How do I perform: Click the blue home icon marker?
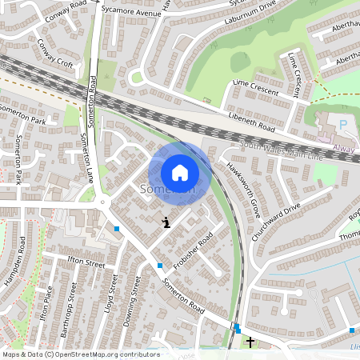180,172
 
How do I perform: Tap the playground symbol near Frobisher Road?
166,222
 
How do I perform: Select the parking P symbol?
343,125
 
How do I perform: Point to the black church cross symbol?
250,342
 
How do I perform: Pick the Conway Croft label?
54,55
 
